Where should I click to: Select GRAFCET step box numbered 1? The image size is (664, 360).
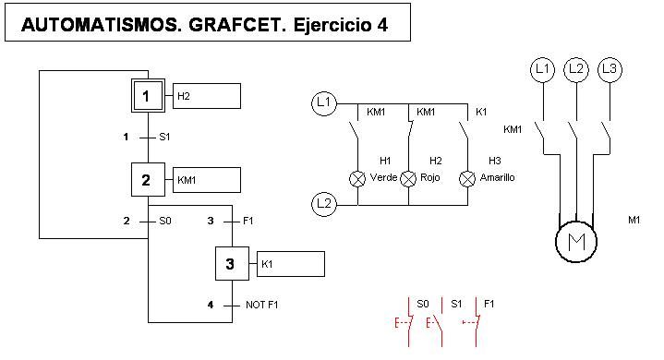point(146,95)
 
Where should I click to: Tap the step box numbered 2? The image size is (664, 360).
point(146,180)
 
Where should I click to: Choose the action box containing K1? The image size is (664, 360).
point(291,264)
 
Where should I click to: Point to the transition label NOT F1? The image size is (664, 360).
point(262,305)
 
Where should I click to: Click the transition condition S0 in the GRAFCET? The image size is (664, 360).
point(165,221)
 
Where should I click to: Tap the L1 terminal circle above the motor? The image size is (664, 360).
point(542,69)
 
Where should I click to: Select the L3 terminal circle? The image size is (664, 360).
point(609,69)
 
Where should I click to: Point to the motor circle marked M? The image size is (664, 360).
point(575,242)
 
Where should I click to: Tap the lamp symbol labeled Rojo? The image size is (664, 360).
point(408,178)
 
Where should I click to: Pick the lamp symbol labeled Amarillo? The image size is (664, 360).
point(467,178)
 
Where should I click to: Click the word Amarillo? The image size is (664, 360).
point(497,177)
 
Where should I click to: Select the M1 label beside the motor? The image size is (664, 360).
point(634,220)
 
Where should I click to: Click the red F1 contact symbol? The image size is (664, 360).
point(477,321)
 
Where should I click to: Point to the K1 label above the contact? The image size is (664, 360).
point(480,112)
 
